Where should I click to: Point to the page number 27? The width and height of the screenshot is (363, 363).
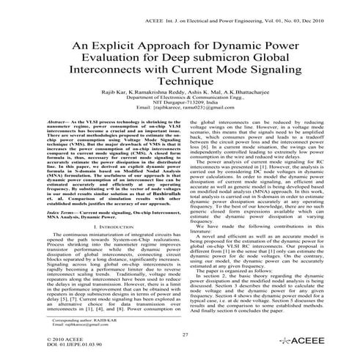(x=181, y=335)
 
